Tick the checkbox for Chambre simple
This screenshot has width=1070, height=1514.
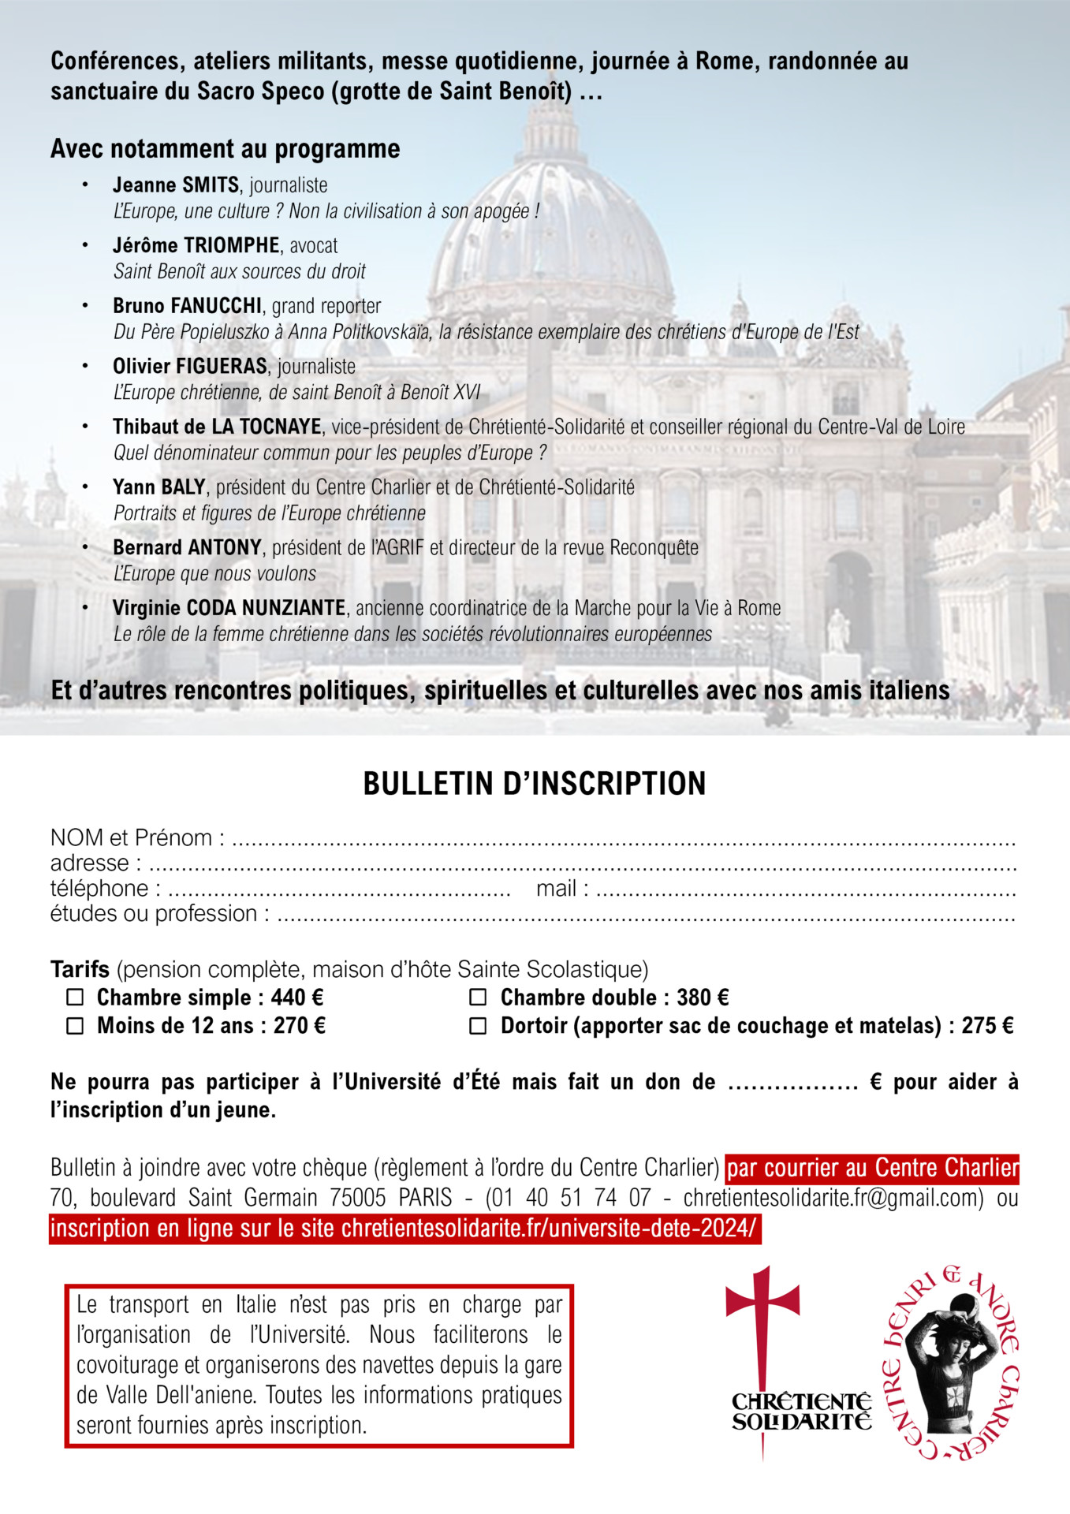coord(75,998)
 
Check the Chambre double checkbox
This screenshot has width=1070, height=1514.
coord(478,998)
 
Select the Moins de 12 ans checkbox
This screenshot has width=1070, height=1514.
coord(75,1026)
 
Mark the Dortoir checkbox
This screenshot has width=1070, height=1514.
coord(478,1026)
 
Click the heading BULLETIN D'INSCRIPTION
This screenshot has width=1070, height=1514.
coord(535,784)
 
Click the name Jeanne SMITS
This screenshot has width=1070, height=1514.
coord(176,185)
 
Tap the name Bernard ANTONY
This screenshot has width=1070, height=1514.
coord(187,547)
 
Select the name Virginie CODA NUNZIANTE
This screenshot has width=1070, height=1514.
coord(229,608)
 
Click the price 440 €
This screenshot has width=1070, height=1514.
coord(297,998)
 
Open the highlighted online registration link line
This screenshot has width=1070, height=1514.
coord(405,1229)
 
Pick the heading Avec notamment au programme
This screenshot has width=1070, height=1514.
coord(226,148)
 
